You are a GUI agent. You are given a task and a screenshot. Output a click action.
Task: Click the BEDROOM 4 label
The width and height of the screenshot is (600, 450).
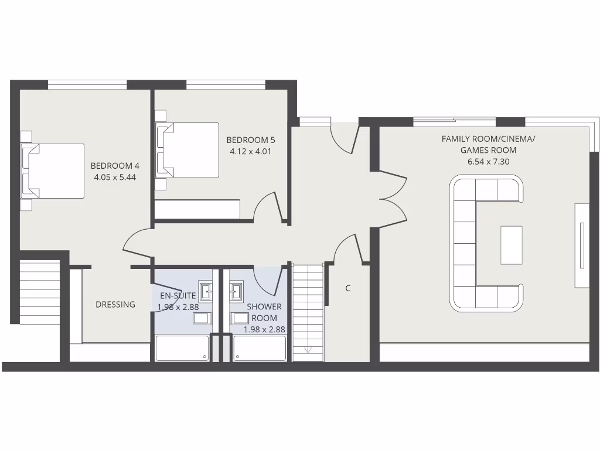[x=115, y=165]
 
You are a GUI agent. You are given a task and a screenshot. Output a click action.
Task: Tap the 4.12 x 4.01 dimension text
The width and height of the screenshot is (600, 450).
[x=250, y=151]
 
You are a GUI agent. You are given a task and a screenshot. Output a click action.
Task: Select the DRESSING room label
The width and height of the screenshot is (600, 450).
[x=115, y=304]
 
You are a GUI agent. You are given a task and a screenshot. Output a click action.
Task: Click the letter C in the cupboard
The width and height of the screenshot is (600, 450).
[x=348, y=288]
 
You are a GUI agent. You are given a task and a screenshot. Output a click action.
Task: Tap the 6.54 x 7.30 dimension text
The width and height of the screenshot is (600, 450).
[x=487, y=161]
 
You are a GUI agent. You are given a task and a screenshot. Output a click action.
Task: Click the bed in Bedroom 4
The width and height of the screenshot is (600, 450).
[x=53, y=171]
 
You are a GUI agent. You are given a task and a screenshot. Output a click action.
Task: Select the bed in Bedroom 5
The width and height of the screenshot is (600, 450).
[x=187, y=149]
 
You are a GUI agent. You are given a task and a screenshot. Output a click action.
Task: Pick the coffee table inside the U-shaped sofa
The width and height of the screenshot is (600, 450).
[x=511, y=244]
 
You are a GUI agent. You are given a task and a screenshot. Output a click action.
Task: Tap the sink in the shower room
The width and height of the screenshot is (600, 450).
[x=237, y=290]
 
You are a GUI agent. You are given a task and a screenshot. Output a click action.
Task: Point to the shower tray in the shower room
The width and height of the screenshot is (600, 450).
[x=260, y=348]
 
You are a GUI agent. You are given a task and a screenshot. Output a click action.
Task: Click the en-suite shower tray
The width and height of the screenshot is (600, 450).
[x=182, y=348]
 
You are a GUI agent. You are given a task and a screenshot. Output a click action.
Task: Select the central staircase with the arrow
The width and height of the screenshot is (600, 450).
[x=308, y=313]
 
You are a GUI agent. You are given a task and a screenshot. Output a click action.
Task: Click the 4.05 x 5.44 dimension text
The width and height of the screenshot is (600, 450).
[x=115, y=176]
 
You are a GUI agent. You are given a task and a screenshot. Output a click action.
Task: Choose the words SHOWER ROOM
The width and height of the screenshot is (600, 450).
[x=264, y=312]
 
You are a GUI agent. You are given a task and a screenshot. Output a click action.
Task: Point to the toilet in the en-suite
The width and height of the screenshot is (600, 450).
[x=203, y=318]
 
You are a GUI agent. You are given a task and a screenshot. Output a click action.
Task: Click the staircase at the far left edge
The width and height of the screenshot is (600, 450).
[x=40, y=292]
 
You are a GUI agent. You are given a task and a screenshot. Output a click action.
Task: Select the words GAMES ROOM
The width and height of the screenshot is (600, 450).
[x=488, y=150]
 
